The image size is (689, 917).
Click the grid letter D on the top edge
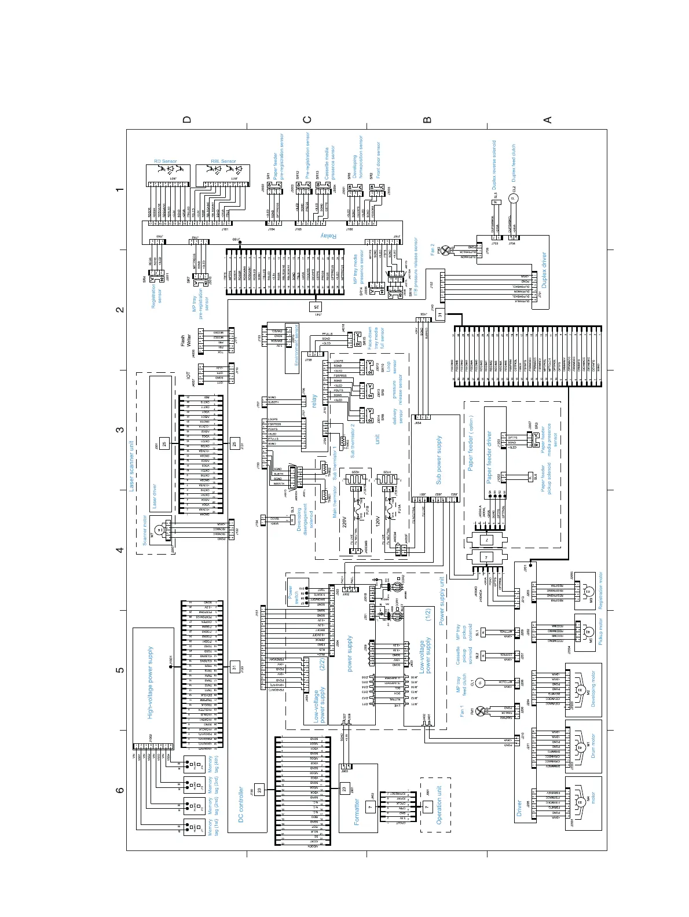click(186, 120)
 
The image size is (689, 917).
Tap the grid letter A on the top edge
click(547, 120)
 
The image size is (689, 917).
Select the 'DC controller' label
click(241, 805)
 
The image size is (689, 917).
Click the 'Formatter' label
click(356, 812)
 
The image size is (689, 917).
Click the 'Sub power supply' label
click(438, 460)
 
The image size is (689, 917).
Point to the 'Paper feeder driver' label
click(489, 457)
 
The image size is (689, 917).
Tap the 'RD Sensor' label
click(165, 162)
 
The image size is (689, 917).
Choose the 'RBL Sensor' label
click(223, 162)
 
